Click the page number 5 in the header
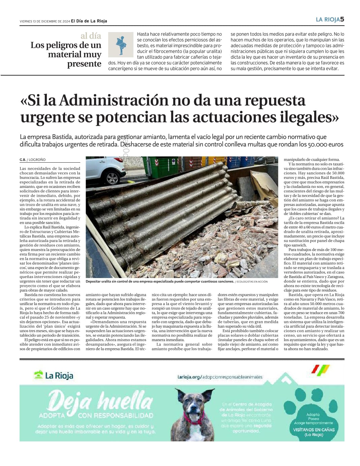(342, 19)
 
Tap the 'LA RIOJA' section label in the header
(328, 20)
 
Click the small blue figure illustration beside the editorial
(121, 45)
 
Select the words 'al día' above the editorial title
(91, 36)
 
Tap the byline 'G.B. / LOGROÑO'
(32, 160)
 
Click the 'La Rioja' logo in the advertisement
(54, 376)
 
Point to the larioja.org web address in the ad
(220, 377)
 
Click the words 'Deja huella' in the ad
(100, 401)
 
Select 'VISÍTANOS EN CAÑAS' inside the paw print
(314, 430)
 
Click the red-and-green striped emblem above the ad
(320, 370)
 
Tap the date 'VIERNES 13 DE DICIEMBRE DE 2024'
(44, 21)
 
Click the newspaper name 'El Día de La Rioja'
(89, 21)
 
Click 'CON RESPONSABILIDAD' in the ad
(116, 415)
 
